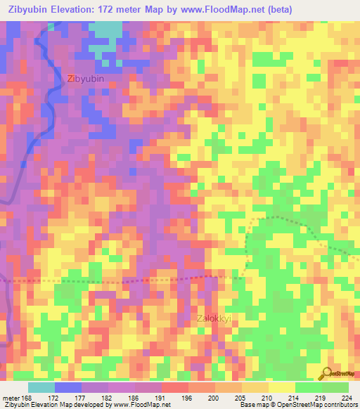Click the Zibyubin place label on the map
(x=86, y=79)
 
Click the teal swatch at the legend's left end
(x=41, y=387)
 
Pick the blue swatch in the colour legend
(x=68, y=387)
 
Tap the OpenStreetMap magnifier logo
(x=326, y=372)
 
